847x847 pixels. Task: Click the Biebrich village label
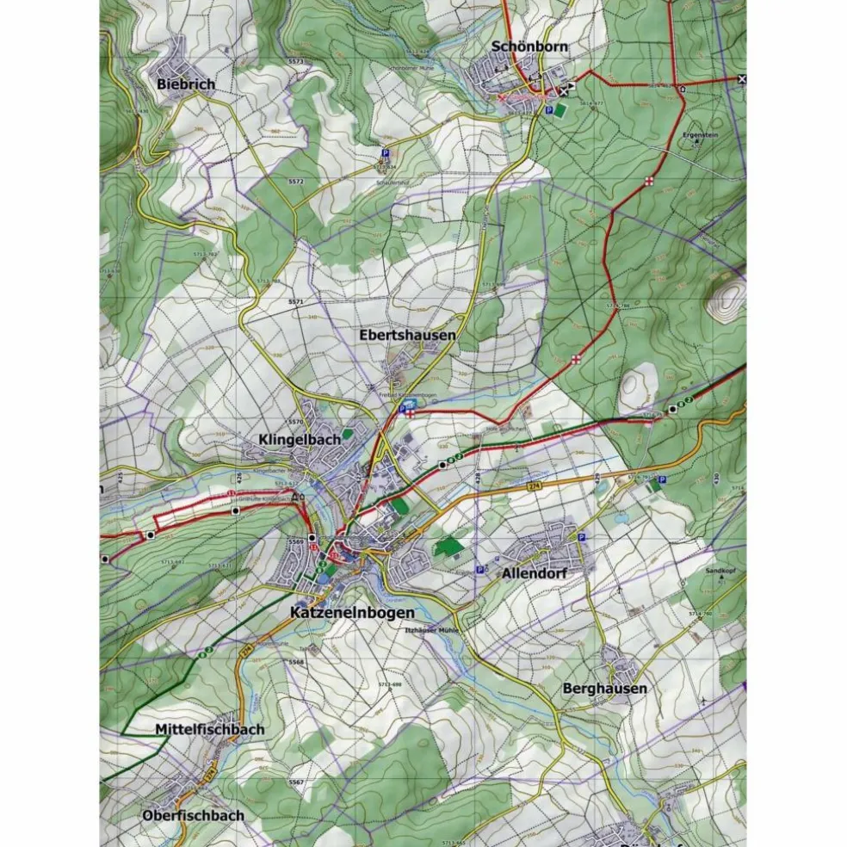[x=186, y=84]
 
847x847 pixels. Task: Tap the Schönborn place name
[x=529, y=46]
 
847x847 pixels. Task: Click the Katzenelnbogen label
[x=352, y=613]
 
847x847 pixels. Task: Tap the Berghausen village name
[x=604, y=689]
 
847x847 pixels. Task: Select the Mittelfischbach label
[x=209, y=729]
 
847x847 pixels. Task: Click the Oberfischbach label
[x=194, y=814]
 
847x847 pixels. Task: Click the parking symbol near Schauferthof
[x=385, y=153]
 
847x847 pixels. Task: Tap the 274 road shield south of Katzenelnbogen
[x=247, y=653]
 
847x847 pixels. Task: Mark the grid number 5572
[x=296, y=182]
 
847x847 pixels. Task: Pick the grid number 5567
[x=296, y=782]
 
